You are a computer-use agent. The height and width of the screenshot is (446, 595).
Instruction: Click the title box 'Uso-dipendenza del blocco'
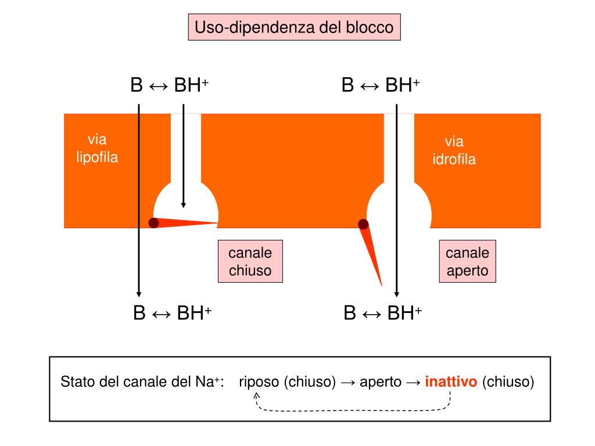(295, 27)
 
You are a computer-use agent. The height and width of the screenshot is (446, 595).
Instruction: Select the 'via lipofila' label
(97, 149)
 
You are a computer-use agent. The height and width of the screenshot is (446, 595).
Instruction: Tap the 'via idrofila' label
(454, 151)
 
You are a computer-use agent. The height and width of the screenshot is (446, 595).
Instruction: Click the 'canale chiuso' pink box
(250, 261)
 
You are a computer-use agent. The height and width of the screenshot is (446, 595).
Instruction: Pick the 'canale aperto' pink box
(467, 261)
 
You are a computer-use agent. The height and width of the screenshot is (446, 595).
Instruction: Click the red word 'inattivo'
(451, 382)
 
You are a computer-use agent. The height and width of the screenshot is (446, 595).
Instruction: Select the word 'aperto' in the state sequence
(381, 382)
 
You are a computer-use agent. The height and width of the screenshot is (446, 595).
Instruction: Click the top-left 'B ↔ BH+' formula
(170, 85)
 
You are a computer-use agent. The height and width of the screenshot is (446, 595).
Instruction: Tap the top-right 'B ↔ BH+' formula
(381, 85)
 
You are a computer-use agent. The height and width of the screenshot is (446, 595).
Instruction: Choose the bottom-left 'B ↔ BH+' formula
(172, 314)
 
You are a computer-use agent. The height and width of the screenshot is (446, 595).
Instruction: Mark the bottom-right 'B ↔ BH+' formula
(383, 314)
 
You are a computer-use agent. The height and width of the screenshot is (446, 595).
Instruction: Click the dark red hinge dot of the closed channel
(153, 223)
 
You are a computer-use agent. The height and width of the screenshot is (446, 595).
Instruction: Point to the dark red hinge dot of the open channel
(363, 224)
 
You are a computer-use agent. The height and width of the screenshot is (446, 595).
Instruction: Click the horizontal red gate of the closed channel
(186, 223)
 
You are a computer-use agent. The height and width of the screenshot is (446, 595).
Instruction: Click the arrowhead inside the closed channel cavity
(183, 204)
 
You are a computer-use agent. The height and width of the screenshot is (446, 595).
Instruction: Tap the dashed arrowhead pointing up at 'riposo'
(257, 395)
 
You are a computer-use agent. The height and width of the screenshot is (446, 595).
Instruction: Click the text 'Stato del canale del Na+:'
(142, 382)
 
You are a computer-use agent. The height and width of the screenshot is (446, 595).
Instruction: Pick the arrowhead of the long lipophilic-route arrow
(139, 293)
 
